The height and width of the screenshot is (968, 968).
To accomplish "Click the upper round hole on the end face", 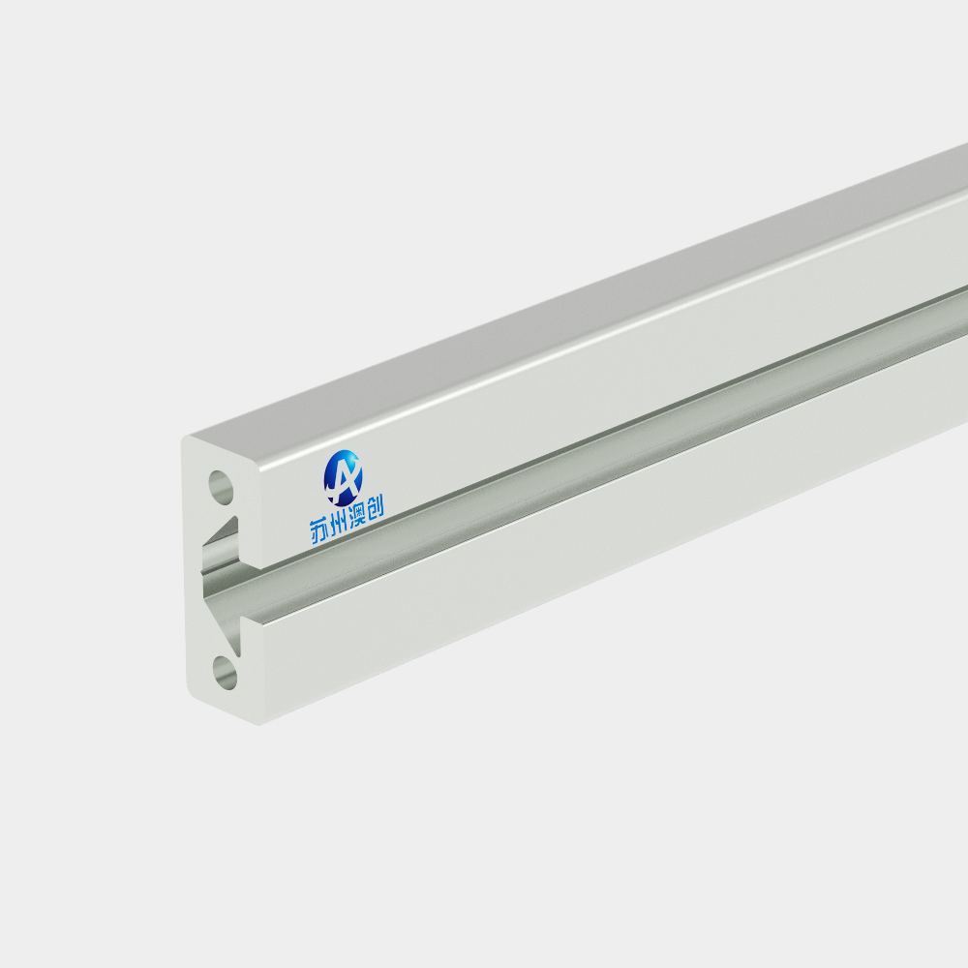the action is [x=221, y=486].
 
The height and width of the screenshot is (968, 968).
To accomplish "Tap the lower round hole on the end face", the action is [x=225, y=673].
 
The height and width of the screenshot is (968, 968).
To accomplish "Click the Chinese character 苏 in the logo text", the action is [x=319, y=531].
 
